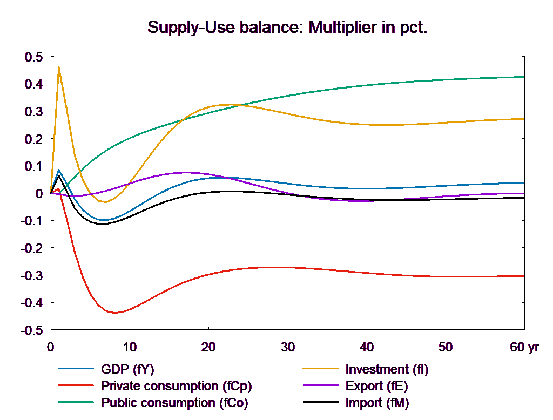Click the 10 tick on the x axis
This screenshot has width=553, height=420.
(130, 348)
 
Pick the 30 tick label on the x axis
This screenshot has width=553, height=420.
(287, 348)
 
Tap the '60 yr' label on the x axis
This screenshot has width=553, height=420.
(524, 348)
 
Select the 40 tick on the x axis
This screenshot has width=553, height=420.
(367, 348)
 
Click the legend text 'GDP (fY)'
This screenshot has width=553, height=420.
(128, 370)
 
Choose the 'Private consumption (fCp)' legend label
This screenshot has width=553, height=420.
(176, 387)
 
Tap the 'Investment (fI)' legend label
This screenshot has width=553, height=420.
(387, 370)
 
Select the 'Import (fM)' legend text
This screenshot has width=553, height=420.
(377, 403)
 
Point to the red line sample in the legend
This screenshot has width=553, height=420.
(76, 387)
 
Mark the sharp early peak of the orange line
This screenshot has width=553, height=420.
(58, 67)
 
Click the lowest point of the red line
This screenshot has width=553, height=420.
(115, 313)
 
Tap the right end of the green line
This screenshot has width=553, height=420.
(524, 77)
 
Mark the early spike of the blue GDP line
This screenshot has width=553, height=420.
(58, 170)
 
